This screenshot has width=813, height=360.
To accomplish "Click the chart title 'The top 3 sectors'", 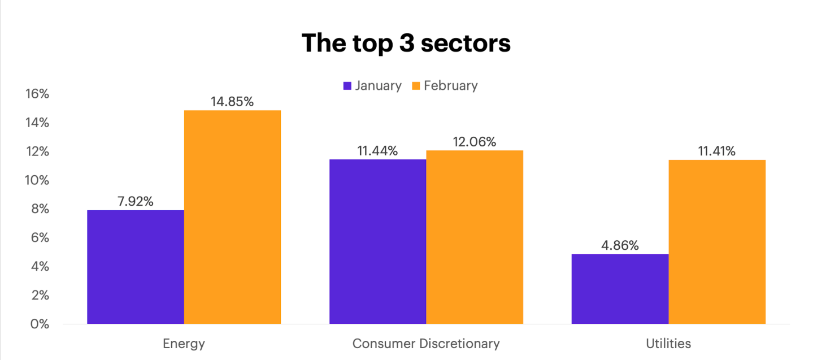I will click(x=406, y=43).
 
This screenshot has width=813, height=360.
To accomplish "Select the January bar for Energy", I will click(x=136, y=267).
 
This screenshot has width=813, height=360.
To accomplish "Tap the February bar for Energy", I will click(x=232, y=217).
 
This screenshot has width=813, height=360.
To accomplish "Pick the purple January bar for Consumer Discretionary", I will click(x=377, y=241).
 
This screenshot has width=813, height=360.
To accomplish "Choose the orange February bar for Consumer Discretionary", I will click(x=475, y=237).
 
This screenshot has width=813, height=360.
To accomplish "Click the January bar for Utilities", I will click(x=620, y=289).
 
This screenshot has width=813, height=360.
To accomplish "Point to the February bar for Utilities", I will click(x=717, y=242).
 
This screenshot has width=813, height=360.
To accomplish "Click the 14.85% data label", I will click(x=232, y=102).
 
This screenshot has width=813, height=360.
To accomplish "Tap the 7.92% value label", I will click(x=136, y=202).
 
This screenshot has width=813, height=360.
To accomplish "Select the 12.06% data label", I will click(x=475, y=142).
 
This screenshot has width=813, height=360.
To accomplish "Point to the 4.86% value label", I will click(x=620, y=246).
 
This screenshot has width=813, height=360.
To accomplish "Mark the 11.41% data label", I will click(x=717, y=151).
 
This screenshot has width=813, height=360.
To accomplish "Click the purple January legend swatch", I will click(x=347, y=86).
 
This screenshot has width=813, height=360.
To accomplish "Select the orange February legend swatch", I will click(x=416, y=86).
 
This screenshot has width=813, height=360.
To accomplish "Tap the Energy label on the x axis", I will click(x=184, y=344).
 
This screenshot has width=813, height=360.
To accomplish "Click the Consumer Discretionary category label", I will click(x=426, y=344).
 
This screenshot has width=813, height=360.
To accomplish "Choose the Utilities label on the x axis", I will click(x=668, y=344).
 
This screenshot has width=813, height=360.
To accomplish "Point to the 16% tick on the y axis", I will click(x=37, y=94).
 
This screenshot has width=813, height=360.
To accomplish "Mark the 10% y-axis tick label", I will click(x=37, y=181).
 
